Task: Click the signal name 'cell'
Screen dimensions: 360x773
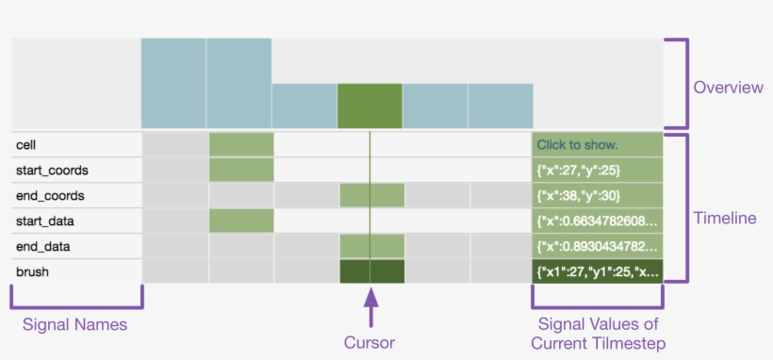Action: tap(26, 145)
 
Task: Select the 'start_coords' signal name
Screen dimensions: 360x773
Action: tap(52, 171)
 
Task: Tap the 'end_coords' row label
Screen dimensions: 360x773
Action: tap(50, 196)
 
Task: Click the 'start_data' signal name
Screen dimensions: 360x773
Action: tap(47, 221)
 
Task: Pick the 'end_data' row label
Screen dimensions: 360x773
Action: tap(44, 247)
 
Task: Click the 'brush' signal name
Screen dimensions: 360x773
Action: tap(31, 272)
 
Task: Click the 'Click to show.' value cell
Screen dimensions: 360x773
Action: tap(597, 145)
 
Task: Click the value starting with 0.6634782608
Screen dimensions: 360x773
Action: tap(597, 221)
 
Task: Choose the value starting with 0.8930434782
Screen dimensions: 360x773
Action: tap(597, 247)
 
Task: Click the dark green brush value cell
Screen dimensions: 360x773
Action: tap(597, 272)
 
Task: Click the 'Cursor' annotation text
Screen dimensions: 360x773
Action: tap(370, 342)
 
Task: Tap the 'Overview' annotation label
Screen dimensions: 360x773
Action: tap(727, 88)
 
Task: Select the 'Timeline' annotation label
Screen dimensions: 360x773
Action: tap(725, 218)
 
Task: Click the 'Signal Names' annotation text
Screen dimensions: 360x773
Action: tap(75, 325)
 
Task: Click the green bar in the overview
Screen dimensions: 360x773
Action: tap(370, 106)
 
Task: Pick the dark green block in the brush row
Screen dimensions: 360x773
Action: tap(371, 272)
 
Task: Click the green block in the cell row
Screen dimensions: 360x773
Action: tap(241, 144)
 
